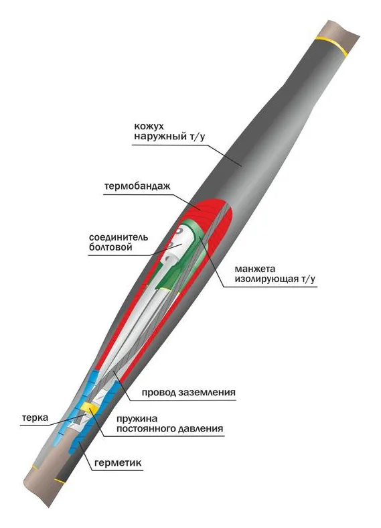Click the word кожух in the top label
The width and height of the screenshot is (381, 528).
pos(149,127)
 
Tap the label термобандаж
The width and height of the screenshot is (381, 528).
pos(137,186)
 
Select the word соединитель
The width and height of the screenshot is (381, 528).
pos(119,237)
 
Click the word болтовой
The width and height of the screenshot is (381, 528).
pos(110,247)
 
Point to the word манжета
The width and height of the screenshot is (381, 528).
pos(255,269)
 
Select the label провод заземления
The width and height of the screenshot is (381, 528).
pos(188,393)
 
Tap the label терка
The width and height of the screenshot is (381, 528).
pos(35,418)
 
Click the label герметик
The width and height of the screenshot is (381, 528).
pos(118,463)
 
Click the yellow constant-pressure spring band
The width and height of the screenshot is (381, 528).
pos(90,407)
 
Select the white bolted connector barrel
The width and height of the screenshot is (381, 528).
pos(175,249)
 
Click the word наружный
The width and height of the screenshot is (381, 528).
pos(157,137)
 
